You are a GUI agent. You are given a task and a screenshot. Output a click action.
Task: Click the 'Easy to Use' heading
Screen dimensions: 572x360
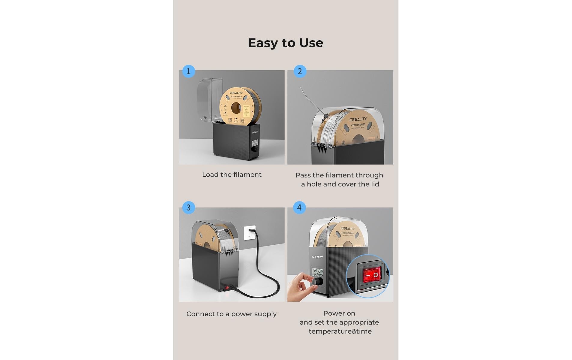point(285,43)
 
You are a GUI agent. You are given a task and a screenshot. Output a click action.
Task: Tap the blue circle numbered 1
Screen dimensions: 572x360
point(189,71)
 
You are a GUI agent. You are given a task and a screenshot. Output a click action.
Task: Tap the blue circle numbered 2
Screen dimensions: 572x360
point(300,71)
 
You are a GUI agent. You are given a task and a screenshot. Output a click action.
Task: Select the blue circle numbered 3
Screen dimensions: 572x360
point(189,207)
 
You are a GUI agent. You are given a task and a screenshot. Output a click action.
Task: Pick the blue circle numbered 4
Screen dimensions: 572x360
point(299,207)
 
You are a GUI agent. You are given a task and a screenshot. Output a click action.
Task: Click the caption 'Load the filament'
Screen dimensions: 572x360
point(232,175)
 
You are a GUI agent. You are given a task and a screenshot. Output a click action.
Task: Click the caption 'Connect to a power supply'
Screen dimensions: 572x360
point(231,314)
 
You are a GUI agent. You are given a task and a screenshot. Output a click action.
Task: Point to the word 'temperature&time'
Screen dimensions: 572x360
point(340,331)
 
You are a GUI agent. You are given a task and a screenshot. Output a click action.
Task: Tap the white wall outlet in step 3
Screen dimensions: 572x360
point(249,233)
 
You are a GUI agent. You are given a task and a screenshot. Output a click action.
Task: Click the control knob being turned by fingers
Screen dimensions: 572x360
point(317,282)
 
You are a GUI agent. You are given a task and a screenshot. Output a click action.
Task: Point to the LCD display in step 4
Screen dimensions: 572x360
point(318,273)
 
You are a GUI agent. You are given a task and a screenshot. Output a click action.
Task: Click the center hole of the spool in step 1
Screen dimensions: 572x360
point(236,108)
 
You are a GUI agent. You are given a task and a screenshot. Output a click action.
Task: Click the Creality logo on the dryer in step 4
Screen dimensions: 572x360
point(317,257)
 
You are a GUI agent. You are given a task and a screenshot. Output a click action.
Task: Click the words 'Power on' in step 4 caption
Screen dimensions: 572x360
point(339,313)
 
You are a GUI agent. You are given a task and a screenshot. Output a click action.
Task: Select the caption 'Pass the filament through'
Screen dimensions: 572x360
point(339,175)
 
